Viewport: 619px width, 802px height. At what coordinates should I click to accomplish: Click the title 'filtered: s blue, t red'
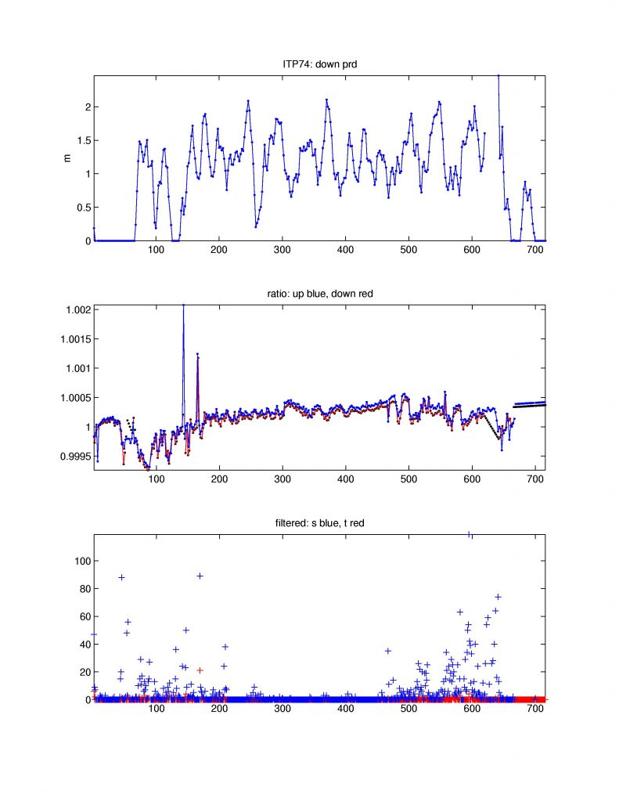coord(319,525)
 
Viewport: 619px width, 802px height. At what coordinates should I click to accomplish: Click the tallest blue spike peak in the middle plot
coord(183,305)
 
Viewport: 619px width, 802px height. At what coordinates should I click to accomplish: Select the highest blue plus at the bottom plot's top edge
coord(469,535)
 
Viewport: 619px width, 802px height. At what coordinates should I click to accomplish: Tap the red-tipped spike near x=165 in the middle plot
coord(197,355)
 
